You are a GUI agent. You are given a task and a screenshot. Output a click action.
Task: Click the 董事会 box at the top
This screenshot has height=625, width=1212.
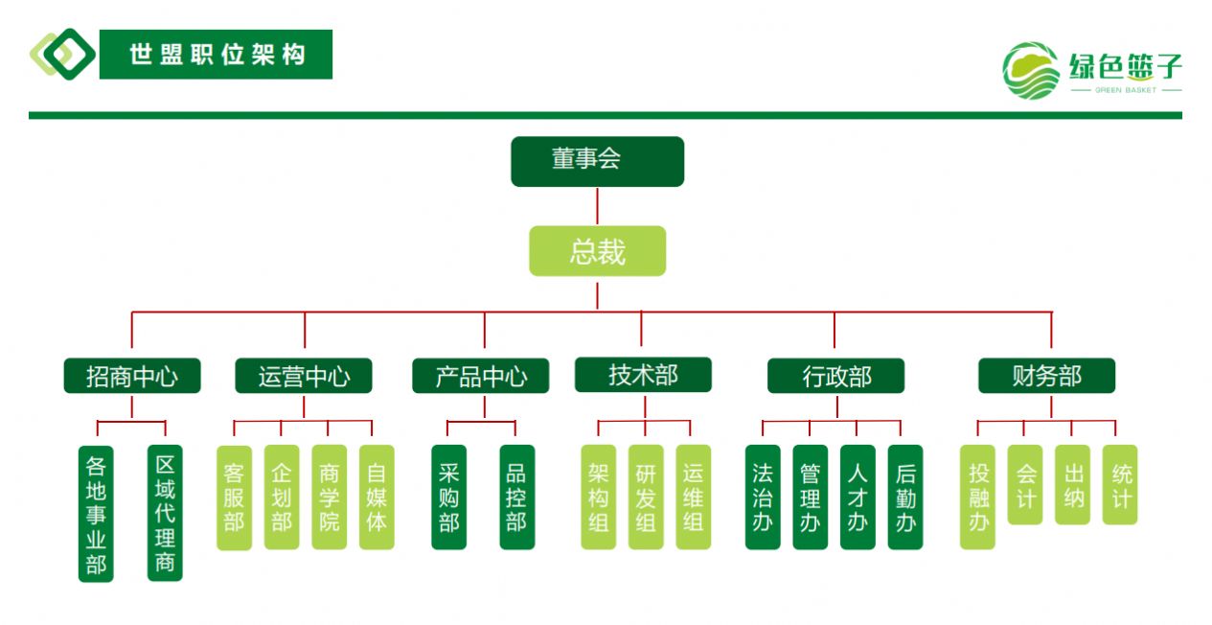point(597,161)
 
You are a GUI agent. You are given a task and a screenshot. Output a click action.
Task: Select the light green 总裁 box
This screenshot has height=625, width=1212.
point(597,251)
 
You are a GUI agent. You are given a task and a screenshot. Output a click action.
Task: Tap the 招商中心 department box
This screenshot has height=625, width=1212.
point(132,376)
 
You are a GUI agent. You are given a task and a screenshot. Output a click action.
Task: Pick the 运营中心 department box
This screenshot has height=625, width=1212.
point(304,376)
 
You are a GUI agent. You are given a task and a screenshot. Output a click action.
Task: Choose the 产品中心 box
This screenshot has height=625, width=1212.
point(481,376)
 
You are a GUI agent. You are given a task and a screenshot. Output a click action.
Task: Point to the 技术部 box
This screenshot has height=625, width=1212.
point(643,375)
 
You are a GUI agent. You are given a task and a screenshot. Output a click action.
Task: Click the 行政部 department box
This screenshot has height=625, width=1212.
point(835,376)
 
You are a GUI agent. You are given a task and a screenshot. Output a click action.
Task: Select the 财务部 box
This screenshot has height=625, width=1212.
point(1046,376)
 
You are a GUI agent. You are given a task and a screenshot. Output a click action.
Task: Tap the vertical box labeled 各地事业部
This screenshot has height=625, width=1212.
point(96,514)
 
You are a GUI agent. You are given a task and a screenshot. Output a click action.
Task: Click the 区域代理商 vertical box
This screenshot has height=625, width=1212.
point(165,513)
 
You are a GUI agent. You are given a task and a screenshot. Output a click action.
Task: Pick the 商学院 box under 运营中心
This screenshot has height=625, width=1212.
point(329,497)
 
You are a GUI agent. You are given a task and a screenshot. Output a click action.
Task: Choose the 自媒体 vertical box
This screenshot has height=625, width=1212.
point(377,497)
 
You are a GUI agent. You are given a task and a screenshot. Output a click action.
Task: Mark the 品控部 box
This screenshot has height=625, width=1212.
point(517,497)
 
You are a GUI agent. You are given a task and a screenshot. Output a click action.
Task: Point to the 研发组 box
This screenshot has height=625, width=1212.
point(646,497)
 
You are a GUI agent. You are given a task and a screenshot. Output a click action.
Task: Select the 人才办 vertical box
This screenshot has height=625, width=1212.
point(858,497)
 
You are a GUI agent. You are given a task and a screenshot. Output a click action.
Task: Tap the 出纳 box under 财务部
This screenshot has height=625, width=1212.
point(1072,484)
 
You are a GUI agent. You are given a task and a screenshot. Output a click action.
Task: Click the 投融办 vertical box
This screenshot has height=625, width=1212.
point(978,497)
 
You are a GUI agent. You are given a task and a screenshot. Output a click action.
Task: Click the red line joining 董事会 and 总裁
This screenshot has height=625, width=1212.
point(597,206)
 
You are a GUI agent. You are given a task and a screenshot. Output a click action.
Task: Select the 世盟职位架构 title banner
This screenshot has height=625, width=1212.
point(217,55)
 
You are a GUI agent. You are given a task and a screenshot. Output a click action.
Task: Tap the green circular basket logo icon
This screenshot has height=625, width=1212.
point(1031,71)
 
